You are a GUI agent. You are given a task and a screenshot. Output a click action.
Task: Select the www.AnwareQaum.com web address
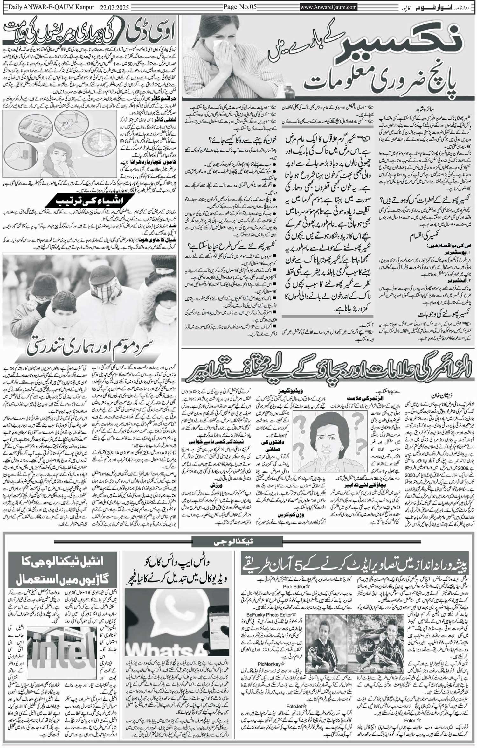[x=328, y=7]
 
